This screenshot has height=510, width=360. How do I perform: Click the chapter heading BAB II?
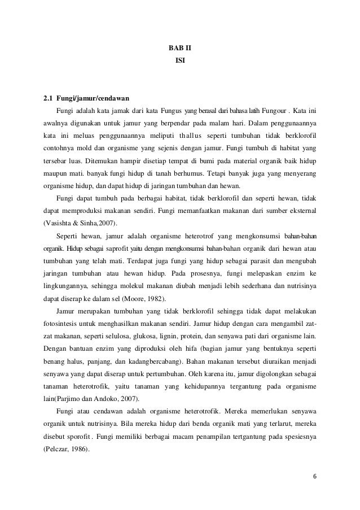(x=179, y=48)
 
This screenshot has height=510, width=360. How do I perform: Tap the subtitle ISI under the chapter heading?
(x=179, y=59)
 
